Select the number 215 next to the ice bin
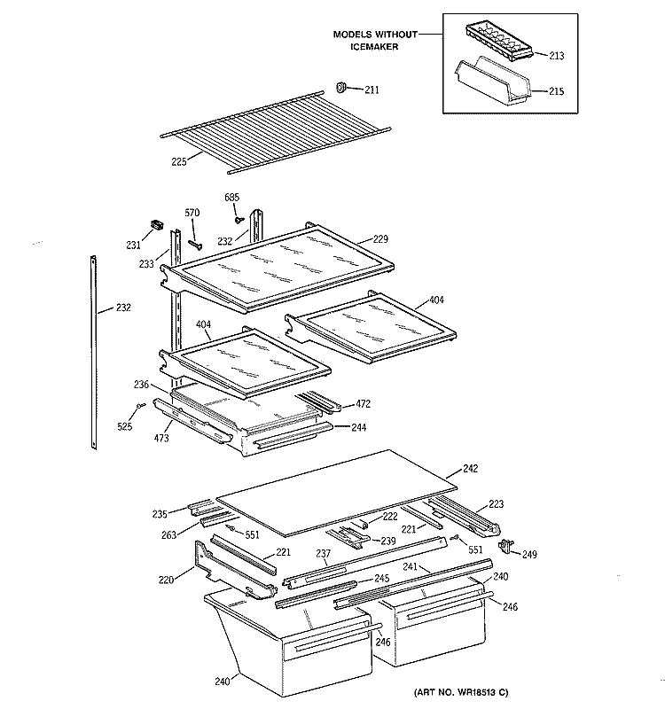coord(554,90)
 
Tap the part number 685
coord(231,196)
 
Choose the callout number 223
coord(496,504)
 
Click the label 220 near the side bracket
coord(166,580)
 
